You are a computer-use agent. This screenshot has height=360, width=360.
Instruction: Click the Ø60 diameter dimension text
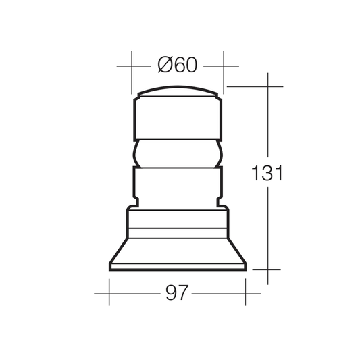[178, 65]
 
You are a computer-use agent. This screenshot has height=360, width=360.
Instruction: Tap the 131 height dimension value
[267, 172]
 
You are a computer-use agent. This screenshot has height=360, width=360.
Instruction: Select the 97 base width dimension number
[177, 292]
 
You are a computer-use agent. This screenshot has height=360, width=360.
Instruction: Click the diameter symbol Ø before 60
[165, 65]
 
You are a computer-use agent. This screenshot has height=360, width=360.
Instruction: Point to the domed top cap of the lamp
[178, 91]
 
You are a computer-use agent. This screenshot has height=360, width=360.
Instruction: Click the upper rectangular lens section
[178, 118]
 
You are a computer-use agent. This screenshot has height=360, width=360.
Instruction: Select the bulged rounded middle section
[178, 153]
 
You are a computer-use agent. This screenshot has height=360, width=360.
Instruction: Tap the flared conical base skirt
[178, 251]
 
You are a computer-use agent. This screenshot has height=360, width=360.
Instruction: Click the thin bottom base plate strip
[178, 267]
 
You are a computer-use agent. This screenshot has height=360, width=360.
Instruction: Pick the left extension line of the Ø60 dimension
[132, 72]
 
